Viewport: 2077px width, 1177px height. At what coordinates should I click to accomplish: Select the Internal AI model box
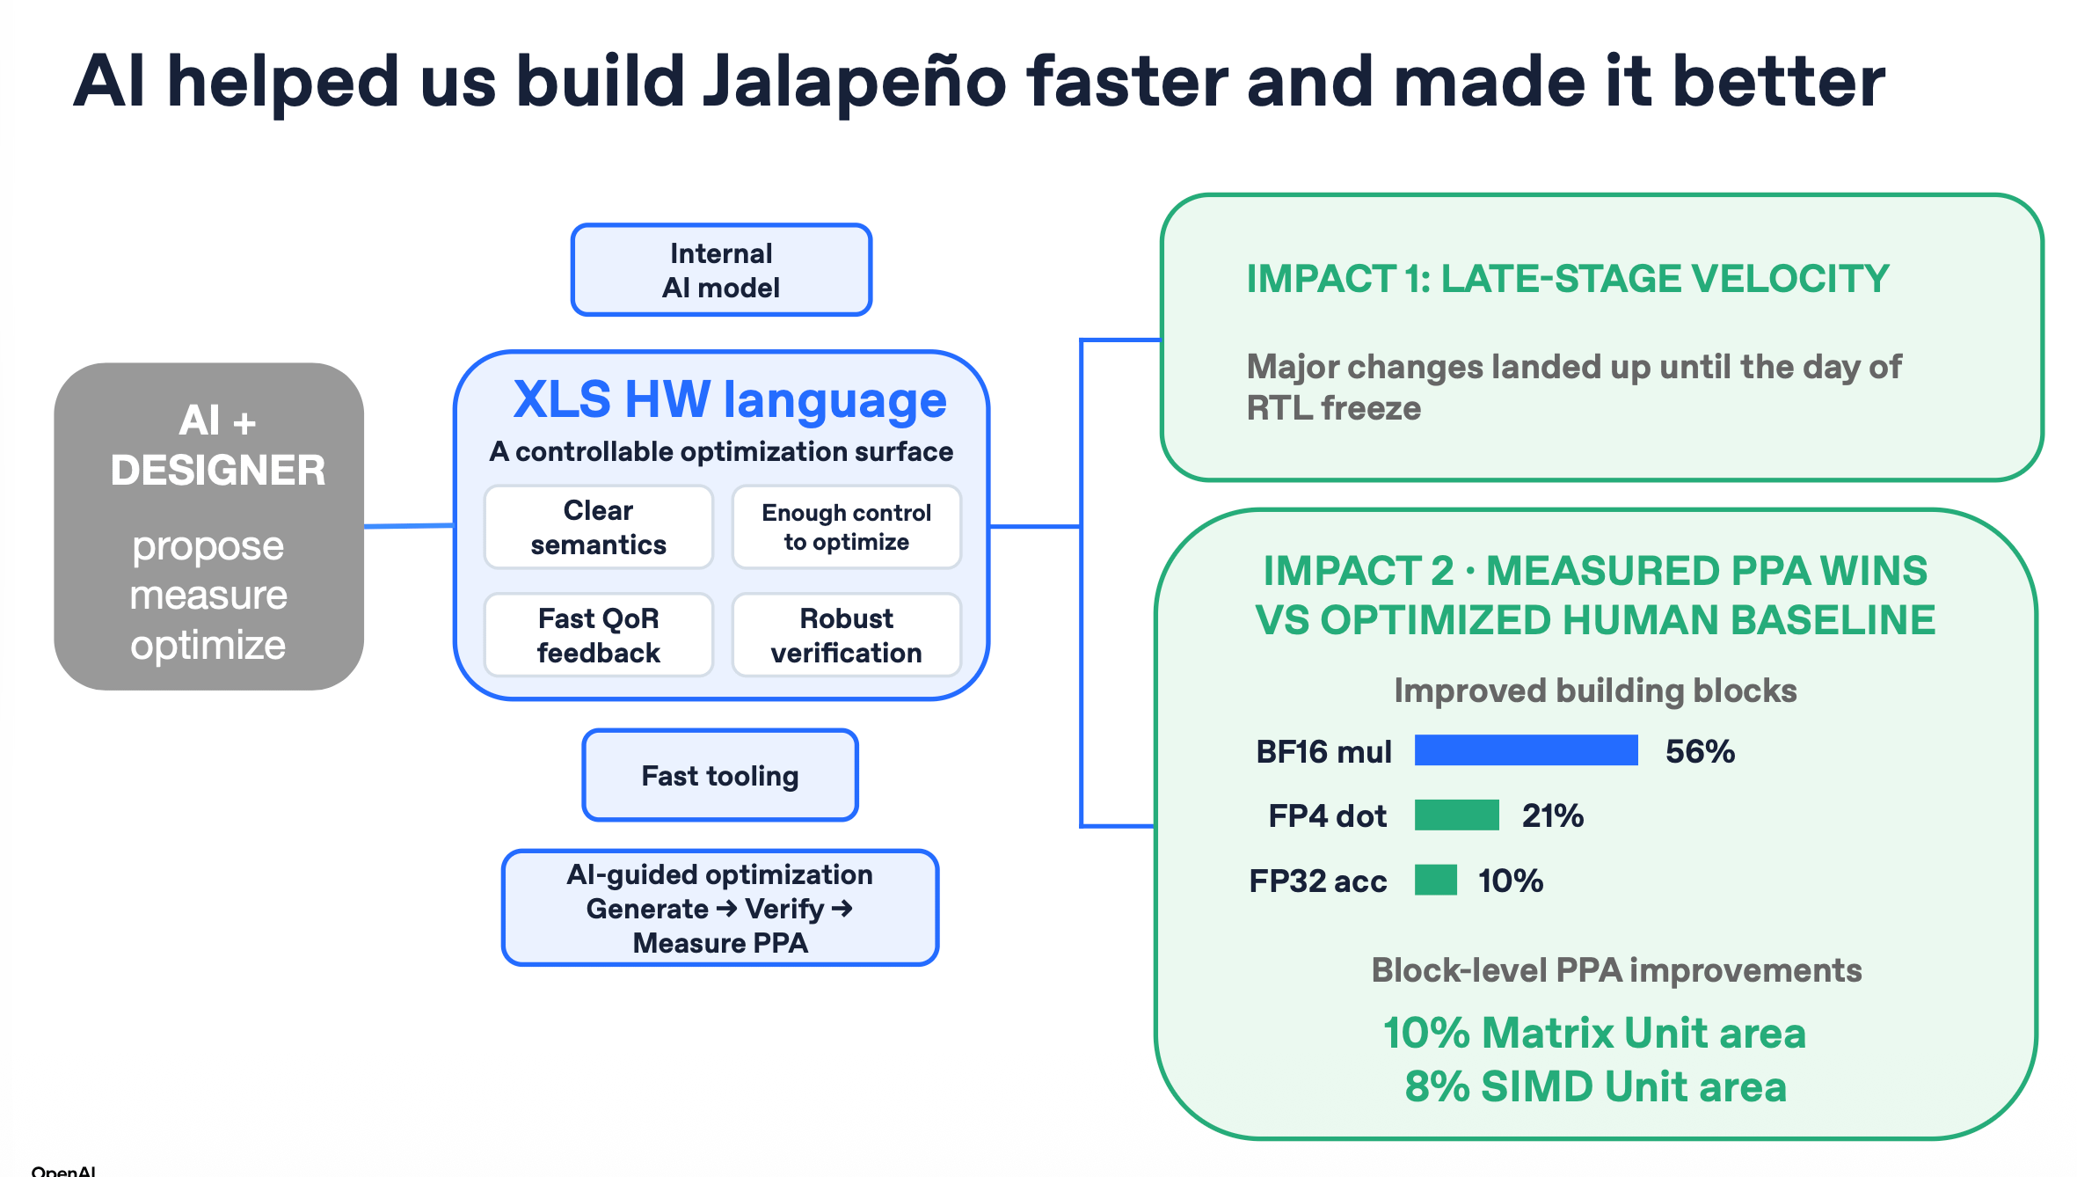(x=721, y=270)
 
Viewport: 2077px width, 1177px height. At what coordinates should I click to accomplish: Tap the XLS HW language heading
(x=730, y=399)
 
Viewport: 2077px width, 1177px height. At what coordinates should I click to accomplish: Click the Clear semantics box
(x=598, y=527)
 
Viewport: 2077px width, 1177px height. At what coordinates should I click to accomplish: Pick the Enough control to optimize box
(x=847, y=527)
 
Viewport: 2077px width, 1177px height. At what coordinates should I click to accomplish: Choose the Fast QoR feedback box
(x=598, y=635)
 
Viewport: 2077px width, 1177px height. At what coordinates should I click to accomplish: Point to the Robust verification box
(x=847, y=635)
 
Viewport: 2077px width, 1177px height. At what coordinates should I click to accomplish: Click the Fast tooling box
(x=720, y=775)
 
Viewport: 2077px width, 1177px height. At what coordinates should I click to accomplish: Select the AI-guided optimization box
(x=720, y=908)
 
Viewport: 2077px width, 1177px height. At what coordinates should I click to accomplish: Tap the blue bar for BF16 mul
(x=1527, y=750)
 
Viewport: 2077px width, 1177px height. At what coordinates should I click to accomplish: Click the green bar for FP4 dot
(x=1457, y=815)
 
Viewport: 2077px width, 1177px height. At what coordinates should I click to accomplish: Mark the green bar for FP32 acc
(x=1436, y=880)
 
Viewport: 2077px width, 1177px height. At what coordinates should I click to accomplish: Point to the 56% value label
(x=1700, y=751)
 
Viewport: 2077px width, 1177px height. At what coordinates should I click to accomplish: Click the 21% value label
(x=1553, y=815)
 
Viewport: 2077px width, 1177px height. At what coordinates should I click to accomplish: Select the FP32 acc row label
(x=1318, y=881)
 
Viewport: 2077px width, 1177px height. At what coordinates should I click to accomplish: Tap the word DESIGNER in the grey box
(x=218, y=470)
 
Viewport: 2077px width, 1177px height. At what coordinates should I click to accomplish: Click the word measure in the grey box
(x=208, y=596)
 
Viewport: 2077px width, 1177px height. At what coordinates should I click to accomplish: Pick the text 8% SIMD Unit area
(x=1596, y=1086)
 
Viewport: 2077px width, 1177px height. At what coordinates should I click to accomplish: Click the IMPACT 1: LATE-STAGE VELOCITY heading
(x=1568, y=279)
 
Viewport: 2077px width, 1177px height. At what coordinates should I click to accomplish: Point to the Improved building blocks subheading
(x=1595, y=691)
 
